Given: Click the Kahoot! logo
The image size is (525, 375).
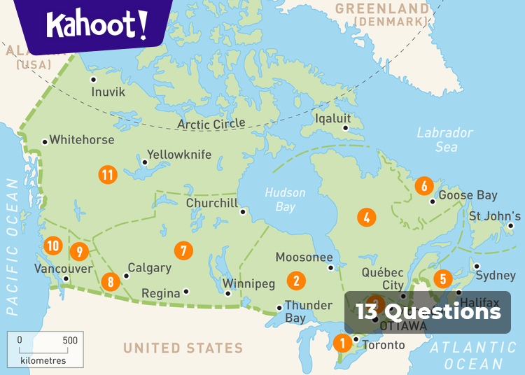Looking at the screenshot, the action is pos(97,26).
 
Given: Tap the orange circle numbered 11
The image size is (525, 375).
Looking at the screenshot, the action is pos(107,174).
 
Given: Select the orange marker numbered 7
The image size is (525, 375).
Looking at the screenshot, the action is pos(183,250).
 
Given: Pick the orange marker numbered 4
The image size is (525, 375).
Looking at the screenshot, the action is pos(366,217).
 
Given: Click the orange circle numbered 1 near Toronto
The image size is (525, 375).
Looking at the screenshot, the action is pos(342,344).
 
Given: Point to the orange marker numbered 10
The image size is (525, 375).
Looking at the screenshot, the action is pos(52,246).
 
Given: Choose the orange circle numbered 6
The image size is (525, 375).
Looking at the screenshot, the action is pos(423,186).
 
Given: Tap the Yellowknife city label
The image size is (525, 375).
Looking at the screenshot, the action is pos(178,155).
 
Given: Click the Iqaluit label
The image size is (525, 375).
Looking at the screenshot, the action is pos(332,118).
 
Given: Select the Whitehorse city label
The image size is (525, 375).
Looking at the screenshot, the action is pos(81,140).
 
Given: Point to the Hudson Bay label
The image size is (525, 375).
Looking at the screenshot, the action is pos(285,199).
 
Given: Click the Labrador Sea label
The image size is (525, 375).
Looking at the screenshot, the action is pos(445,139).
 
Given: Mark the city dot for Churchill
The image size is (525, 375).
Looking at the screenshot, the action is pos(243,211).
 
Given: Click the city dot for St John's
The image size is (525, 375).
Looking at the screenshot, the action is pos(512,225).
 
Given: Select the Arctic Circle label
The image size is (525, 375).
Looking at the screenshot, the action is pos(211,124).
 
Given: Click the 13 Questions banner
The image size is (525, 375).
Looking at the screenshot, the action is pos(428,312).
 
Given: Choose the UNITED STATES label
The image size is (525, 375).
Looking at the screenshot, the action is pos(183,348).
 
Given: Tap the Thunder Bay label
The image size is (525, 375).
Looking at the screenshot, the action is pos(309,311).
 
